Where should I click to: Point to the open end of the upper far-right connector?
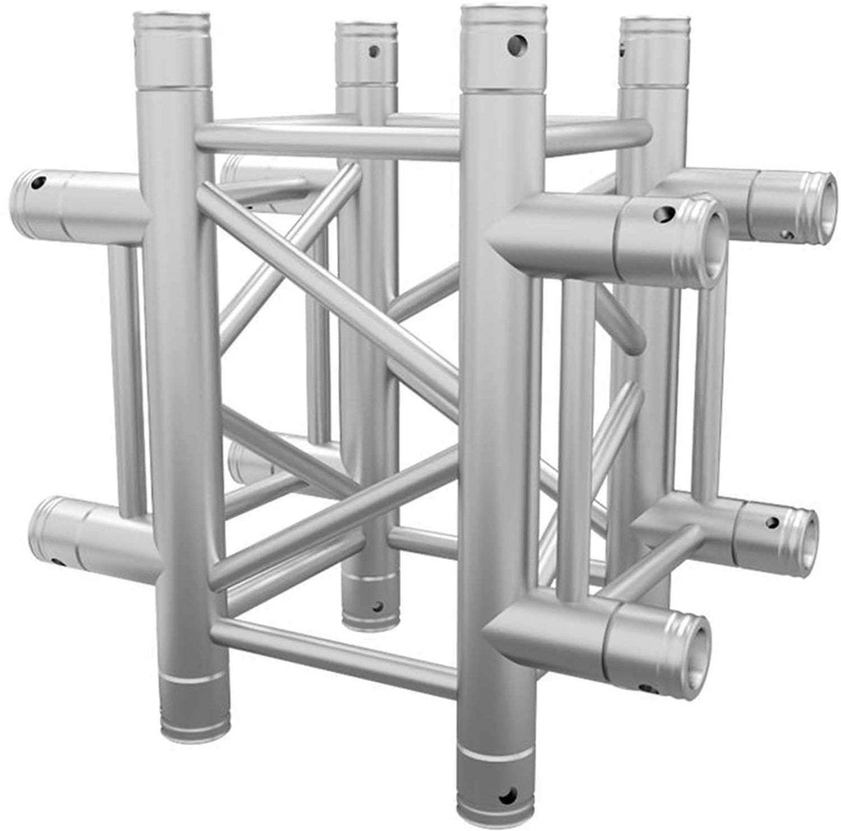(825, 208)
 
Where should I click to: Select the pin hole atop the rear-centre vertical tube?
(374, 51)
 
